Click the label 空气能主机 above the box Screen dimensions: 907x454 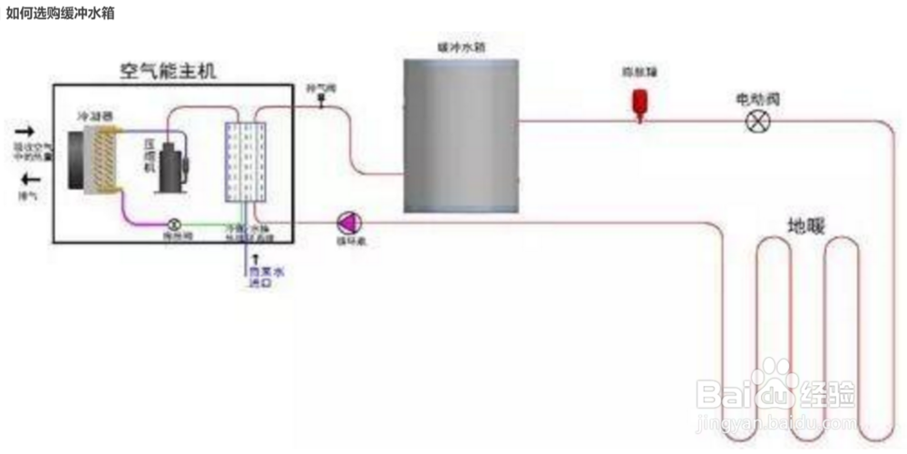pyautogui.click(x=169, y=71)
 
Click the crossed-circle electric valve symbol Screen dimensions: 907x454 pyautogui.click(x=756, y=121)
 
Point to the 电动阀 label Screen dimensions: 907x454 pyautogui.click(x=756, y=98)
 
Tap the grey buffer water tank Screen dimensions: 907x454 pyautogui.click(x=461, y=135)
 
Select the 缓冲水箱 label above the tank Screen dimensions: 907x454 pyautogui.click(x=460, y=46)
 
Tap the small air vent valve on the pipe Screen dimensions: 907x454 pyautogui.click(x=321, y=103)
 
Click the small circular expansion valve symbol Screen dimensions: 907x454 pyautogui.click(x=174, y=222)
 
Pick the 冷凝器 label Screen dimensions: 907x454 pyautogui.click(x=94, y=116)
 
